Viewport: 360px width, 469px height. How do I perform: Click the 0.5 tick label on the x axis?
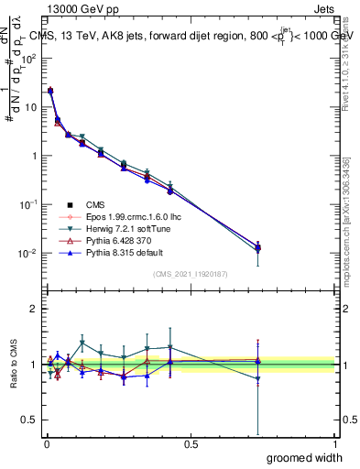pyautogui.click(x=191, y=444)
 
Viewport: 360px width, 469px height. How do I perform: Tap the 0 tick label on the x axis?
pyautogui.click(x=48, y=444)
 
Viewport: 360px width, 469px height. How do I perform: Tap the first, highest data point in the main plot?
pyautogui.click(x=50, y=91)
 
